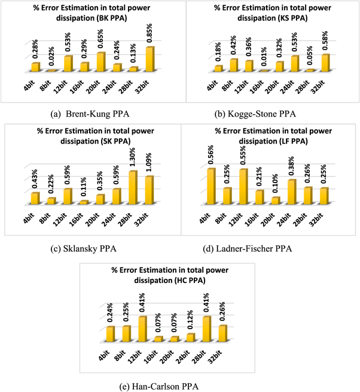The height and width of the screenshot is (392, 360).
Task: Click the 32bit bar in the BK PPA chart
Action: coord(150,59)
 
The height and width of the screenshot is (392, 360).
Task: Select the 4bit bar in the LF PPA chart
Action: coord(210,186)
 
